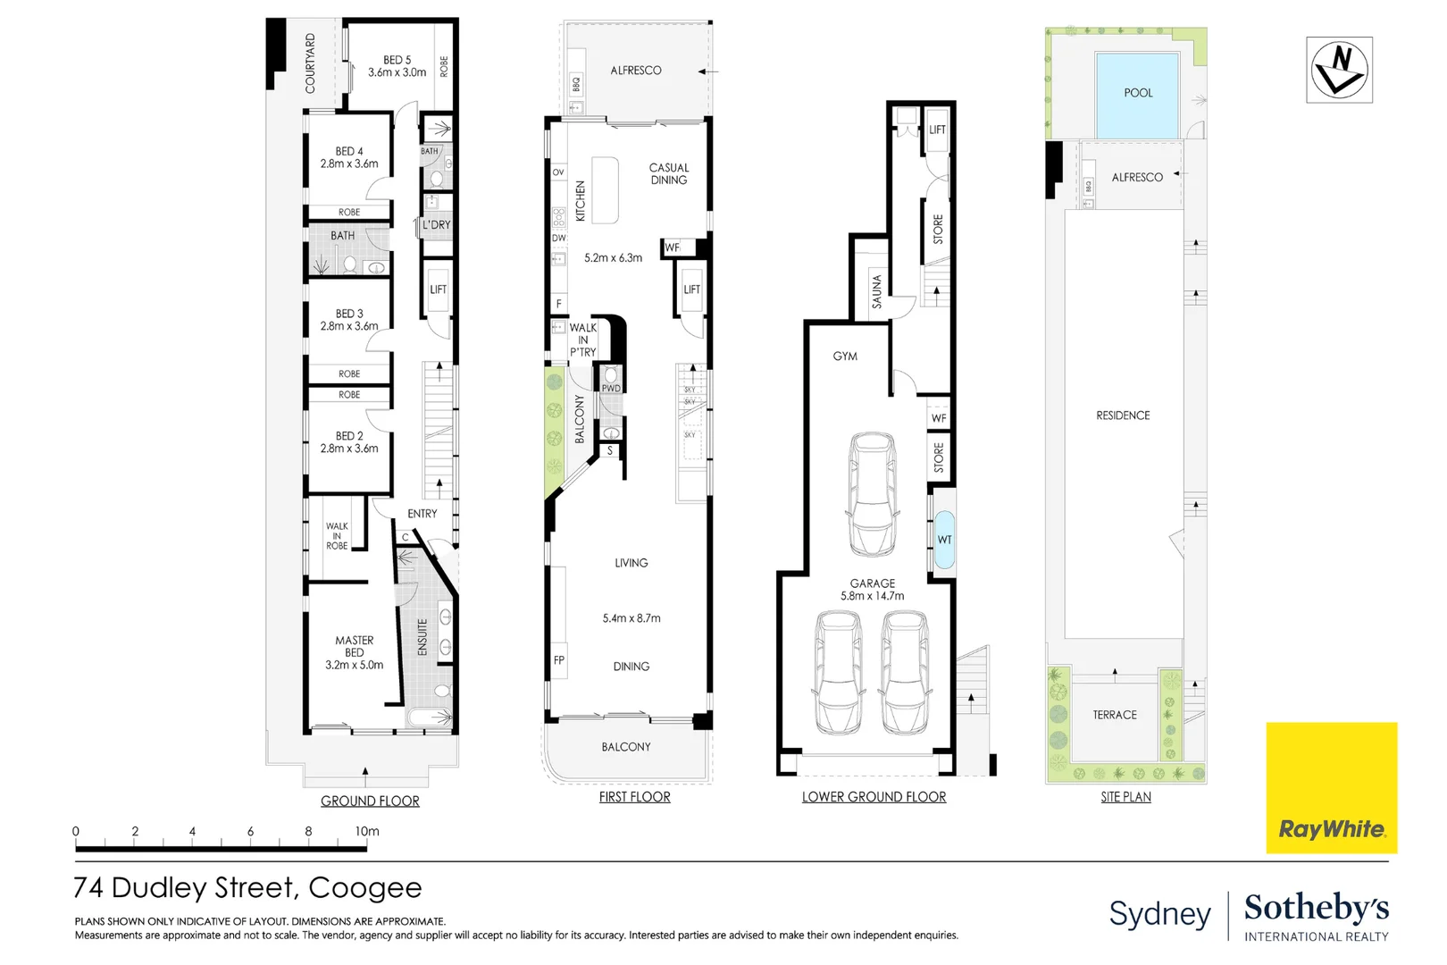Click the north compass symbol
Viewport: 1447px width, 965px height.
pos(1339,70)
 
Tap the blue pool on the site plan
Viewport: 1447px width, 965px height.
pos(1137,95)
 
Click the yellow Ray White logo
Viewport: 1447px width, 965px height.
pos(1331,787)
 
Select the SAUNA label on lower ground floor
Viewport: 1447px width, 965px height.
pos(876,291)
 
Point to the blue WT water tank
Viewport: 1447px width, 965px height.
pos(944,540)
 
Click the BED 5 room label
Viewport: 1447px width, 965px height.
pos(397,66)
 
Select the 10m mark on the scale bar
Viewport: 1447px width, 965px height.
pos(367,832)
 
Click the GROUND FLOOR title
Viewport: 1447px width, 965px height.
pos(370,801)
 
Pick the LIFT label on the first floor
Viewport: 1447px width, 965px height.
pos(691,289)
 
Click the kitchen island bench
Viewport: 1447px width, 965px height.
pos(605,190)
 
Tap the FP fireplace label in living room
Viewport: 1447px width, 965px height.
pos(559,660)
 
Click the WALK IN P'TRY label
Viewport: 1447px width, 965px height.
pos(582,340)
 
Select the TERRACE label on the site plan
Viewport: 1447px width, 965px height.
pos(1114,715)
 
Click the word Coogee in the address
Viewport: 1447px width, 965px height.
pos(364,888)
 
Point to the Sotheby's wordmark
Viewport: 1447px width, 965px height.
pos(1316,908)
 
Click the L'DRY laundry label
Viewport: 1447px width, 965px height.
pos(437,225)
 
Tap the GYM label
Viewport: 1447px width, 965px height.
pos(844,357)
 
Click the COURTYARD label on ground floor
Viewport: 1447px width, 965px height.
pos(310,63)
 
